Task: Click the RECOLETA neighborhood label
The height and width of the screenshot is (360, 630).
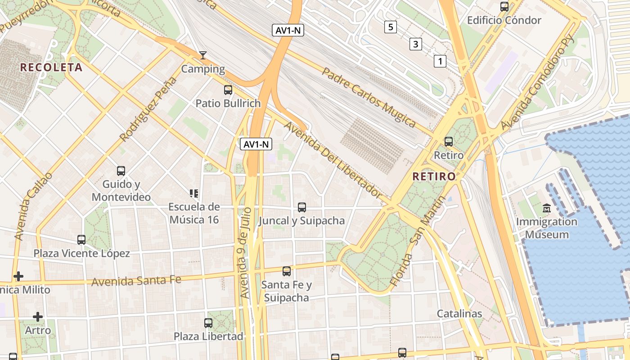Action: coord(51,67)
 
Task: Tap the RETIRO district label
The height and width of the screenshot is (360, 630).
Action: coord(434,176)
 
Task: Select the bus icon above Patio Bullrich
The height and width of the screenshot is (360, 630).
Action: coord(228,90)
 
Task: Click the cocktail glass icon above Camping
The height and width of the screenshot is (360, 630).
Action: coord(203,55)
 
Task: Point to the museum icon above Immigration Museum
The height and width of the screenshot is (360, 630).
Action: coord(547,208)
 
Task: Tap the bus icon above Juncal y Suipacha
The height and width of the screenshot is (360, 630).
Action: coord(302,207)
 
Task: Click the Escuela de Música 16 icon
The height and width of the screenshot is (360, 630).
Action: coord(194,194)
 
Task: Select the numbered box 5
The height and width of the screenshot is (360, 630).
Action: coord(390,27)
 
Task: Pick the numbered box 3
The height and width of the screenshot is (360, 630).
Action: coord(415,44)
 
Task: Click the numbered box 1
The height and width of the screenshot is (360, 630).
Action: coord(440,61)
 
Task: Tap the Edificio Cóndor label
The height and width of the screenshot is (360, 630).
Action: coord(504,20)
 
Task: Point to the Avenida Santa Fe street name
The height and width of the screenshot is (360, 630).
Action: coord(136,281)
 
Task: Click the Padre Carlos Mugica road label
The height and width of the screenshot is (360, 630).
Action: coord(369,97)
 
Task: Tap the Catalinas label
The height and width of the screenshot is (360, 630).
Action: coord(459,314)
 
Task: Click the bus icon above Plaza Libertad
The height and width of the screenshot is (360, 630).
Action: coord(208,323)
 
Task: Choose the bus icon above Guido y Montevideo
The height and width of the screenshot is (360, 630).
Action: coord(121,171)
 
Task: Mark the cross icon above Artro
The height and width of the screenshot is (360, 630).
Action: coord(38,317)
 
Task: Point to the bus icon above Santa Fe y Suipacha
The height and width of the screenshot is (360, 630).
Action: coord(287,271)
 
